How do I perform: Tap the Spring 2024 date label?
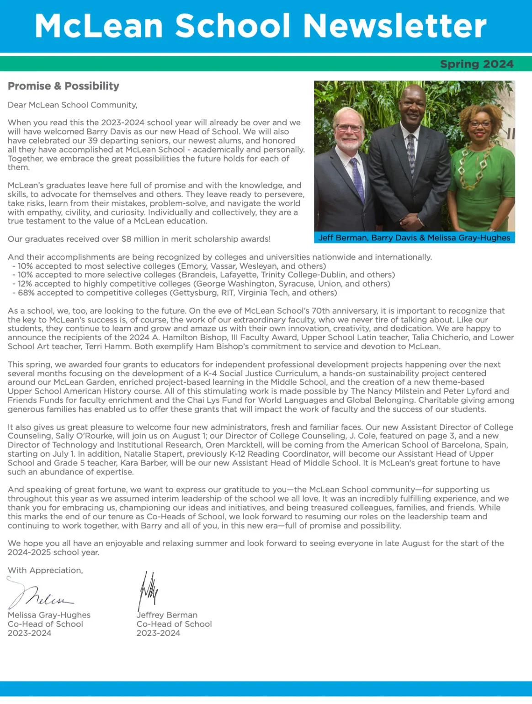476,64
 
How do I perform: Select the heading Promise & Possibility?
64,86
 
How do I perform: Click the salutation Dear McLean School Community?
72,105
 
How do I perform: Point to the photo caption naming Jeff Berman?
414,238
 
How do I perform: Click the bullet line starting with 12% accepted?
201,284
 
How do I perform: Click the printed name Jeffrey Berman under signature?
167,615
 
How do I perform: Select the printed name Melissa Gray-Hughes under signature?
49,615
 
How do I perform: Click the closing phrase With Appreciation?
45,571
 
